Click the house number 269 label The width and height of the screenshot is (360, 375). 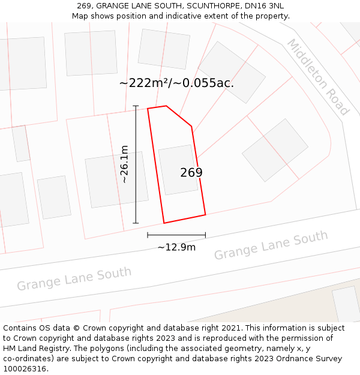[x=191, y=173]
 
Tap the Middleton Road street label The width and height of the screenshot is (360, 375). [x=317, y=77]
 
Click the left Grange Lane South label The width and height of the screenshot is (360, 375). [x=74, y=279]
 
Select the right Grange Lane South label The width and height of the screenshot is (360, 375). [x=271, y=245]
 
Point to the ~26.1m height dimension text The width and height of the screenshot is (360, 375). [x=124, y=164]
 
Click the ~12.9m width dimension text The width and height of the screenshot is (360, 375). [x=176, y=247]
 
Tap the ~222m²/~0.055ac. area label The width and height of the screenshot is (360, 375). [x=176, y=83]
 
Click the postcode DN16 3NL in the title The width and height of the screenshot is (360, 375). [x=262, y=6]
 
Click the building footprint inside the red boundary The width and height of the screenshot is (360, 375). [x=178, y=170]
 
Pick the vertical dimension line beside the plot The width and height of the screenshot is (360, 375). [x=136, y=164]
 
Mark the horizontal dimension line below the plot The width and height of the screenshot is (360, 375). [x=176, y=235]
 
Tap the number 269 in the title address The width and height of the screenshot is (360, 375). [x=84, y=6]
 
